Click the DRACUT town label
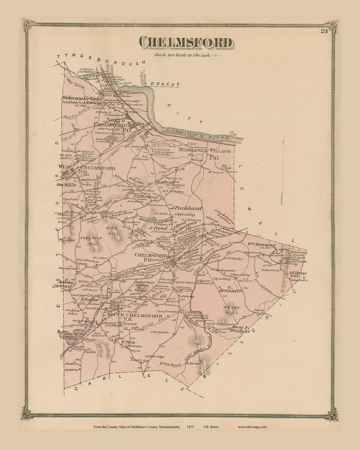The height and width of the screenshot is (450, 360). pos(165,84)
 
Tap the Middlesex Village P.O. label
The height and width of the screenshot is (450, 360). pos(204,154)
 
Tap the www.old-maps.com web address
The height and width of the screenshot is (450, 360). pos(252,426)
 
